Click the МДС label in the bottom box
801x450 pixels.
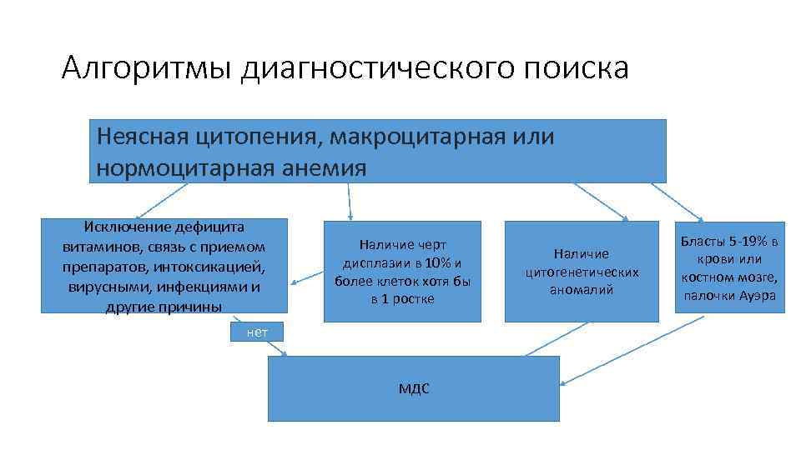coord(414,389)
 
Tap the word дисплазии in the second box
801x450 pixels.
coord(365,262)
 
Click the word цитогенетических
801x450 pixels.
coord(582,272)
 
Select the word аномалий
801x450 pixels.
coord(582,290)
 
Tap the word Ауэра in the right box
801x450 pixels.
coord(757,296)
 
